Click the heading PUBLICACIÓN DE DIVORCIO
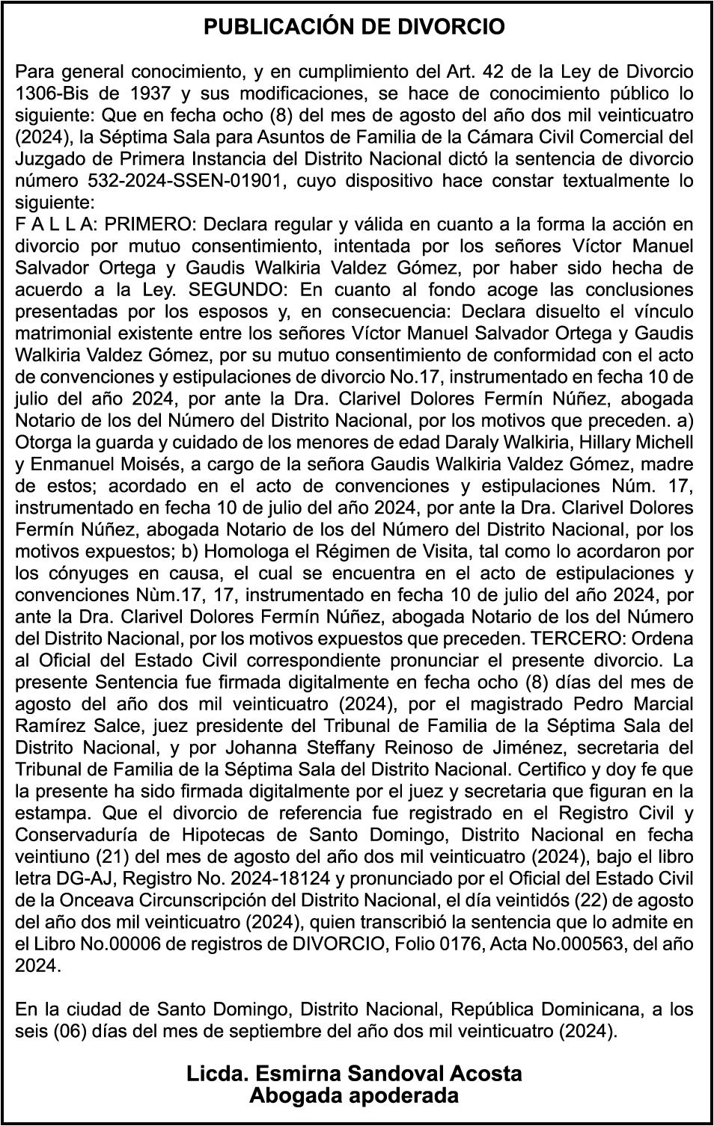pyautogui.click(x=355, y=28)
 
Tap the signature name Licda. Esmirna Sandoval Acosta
pyautogui.click(x=355, y=1074)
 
